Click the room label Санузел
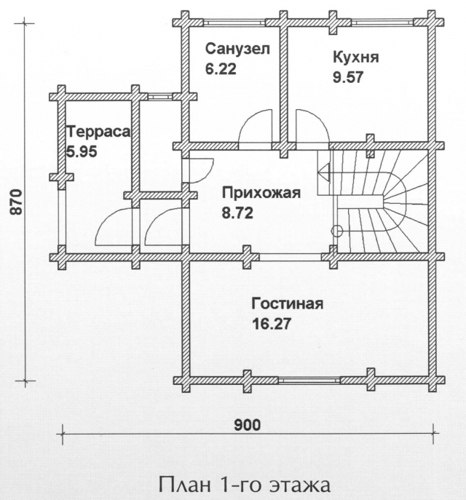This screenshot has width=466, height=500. [x=237, y=49]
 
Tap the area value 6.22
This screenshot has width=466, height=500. [x=221, y=68]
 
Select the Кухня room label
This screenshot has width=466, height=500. [x=355, y=57]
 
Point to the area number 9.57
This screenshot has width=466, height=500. [x=348, y=77]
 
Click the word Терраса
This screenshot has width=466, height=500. [x=98, y=132]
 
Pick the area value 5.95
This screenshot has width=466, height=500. [x=82, y=151]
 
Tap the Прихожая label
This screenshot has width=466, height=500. [x=261, y=194]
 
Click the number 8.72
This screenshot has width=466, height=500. [x=237, y=213]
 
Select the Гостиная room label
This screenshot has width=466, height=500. [x=288, y=303]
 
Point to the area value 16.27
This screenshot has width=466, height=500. [x=272, y=324]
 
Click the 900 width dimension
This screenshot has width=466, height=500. [x=248, y=425]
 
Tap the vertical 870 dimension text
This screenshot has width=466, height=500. [x=15, y=202]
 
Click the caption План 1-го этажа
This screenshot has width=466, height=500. [x=245, y=485]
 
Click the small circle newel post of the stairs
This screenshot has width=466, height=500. [x=337, y=231]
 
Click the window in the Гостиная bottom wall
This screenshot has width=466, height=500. [x=309, y=380]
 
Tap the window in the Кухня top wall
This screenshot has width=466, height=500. [x=382, y=23]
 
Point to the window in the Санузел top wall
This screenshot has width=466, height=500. [x=234, y=23]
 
